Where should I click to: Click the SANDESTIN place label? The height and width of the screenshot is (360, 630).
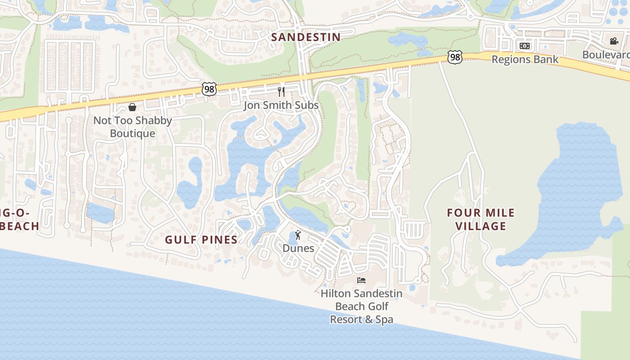pyautogui.click(x=306, y=37)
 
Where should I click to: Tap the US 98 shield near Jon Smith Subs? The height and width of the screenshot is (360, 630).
pyautogui.click(x=209, y=89)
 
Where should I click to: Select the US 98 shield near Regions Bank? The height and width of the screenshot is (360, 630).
pyautogui.click(x=455, y=57)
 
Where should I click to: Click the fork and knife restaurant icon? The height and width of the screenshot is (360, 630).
pyautogui.click(x=282, y=92)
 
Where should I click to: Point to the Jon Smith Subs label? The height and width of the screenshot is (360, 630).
pyautogui.click(x=281, y=105)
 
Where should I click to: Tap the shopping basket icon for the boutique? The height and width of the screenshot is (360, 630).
pyautogui.click(x=132, y=107)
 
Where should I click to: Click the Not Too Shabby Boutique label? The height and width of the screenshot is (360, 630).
pyautogui.click(x=133, y=127)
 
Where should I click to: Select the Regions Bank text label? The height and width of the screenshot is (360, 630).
pyautogui.click(x=525, y=59)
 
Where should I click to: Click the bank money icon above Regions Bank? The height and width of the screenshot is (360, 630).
pyautogui.click(x=525, y=46)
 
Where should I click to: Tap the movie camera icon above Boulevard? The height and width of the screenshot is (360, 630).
pyautogui.click(x=614, y=41)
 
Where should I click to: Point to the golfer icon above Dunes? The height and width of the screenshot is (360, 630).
pyautogui.click(x=298, y=235)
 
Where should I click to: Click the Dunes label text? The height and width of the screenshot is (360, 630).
pyautogui.click(x=298, y=248)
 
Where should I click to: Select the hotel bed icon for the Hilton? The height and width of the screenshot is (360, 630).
pyautogui.click(x=361, y=280)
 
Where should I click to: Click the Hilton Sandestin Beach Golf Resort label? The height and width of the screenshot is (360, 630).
pyautogui.click(x=361, y=306)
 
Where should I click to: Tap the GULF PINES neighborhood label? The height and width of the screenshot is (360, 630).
pyautogui.click(x=201, y=239)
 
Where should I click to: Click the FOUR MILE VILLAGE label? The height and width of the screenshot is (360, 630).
pyautogui.click(x=481, y=219)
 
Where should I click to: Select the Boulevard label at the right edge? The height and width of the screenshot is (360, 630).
pyautogui.click(x=606, y=54)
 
